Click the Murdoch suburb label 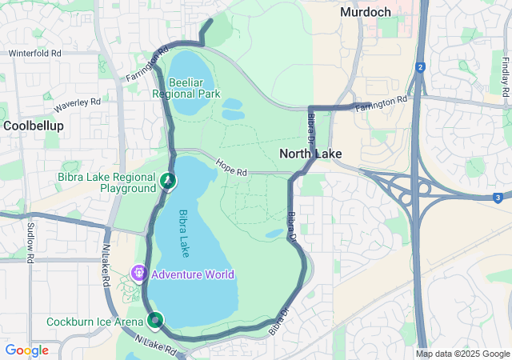(366, 12)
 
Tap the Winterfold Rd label (34, 54)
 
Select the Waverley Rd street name (78, 104)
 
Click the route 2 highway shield (419, 67)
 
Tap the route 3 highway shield (497, 197)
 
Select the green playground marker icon (168, 181)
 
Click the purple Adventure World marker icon (139, 274)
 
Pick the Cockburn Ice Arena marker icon (154, 320)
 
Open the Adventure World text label (193, 275)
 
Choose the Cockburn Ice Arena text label (95, 321)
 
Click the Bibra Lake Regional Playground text (106, 182)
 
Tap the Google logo (26, 350)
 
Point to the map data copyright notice (462, 354)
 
